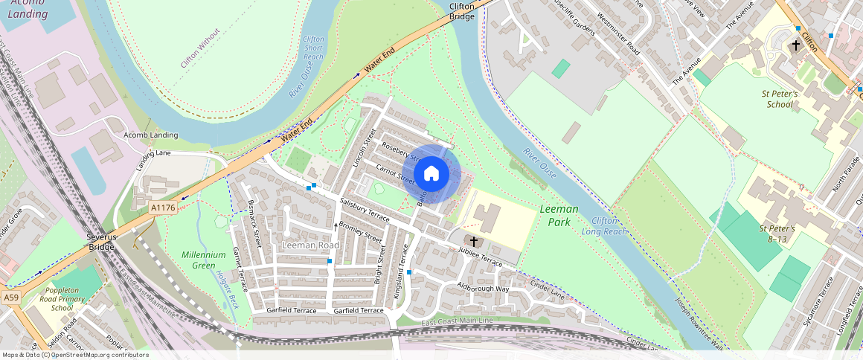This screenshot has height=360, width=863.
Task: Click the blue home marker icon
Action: pyautogui.click(x=431, y=174)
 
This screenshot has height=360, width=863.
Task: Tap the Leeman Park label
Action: pyautogui.click(x=559, y=216)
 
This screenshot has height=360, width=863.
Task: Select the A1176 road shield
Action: pyautogui.click(x=162, y=208)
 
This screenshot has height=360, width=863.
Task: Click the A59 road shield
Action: pyautogui.click(x=10, y=297)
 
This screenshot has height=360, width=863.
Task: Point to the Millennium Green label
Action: pyautogui.click(x=203, y=260)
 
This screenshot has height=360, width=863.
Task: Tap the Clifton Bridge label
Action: pyautogui.click(x=462, y=11)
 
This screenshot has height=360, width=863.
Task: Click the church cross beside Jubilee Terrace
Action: pyautogui.click(x=473, y=242)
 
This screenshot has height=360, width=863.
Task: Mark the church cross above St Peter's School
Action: pyautogui.click(x=795, y=45)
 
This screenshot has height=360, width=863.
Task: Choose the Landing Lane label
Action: pyautogui.click(x=153, y=154)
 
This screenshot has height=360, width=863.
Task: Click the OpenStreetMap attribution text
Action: pyautogui.click(x=74, y=355)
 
